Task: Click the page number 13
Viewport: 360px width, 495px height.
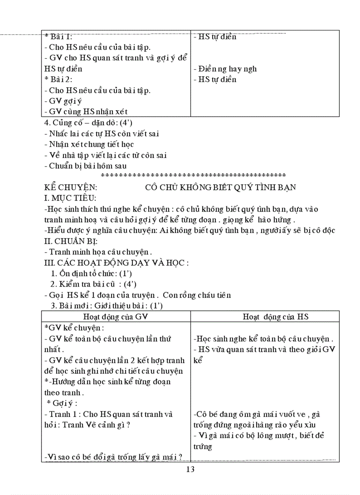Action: click(191, 469)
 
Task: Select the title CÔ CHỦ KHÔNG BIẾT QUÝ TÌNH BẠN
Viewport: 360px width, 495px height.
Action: click(221, 187)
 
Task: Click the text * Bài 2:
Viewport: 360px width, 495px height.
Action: click(58, 79)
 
